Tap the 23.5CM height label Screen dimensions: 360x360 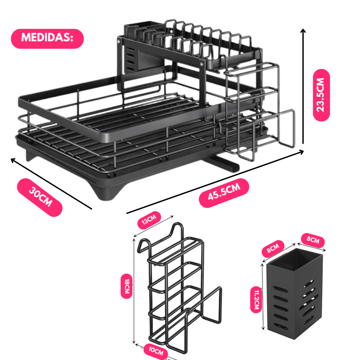[x=321, y=95]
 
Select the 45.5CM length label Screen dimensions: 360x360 [x=224, y=193]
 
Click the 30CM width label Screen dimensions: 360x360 [x=40, y=197]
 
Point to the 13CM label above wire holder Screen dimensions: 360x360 [x=149, y=220]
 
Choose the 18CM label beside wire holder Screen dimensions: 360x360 [x=126, y=286]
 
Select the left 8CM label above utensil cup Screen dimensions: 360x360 [x=273, y=249]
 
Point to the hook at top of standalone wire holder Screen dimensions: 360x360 [x=177, y=230]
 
